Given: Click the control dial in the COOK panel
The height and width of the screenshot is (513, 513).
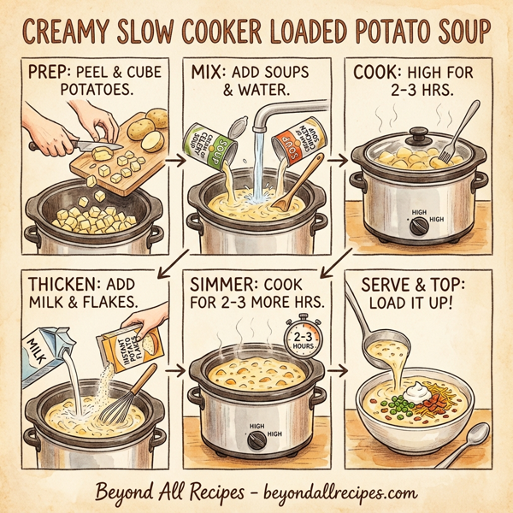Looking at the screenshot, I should point(419,226).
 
